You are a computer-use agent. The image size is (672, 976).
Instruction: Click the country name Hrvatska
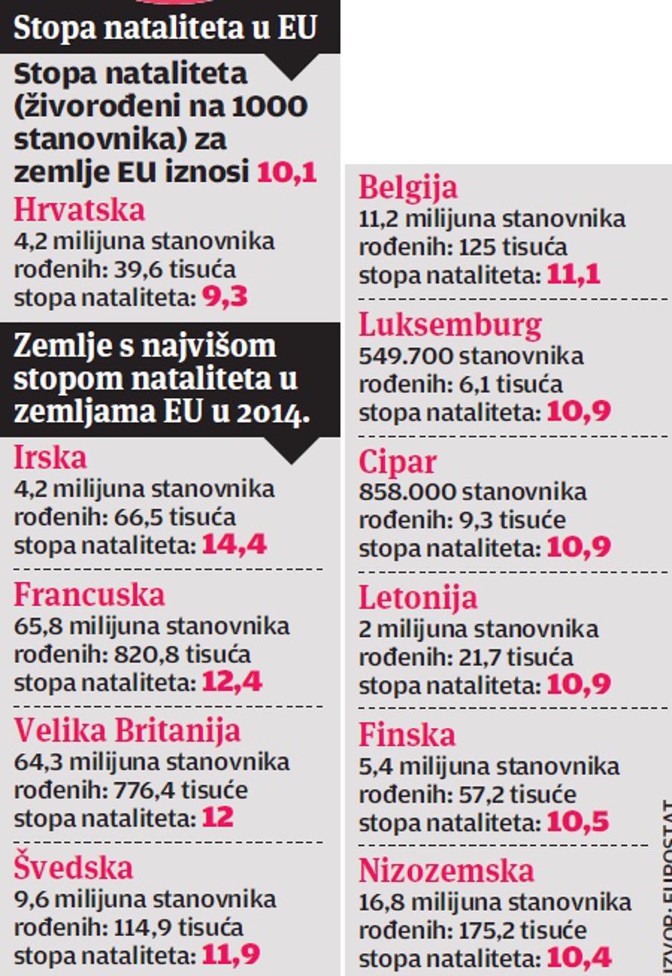[x=79, y=210]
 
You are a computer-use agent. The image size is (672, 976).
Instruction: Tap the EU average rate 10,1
[x=286, y=172]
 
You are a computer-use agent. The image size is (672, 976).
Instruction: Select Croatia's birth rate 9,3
[x=224, y=297]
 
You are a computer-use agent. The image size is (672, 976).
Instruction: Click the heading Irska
[x=50, y=458]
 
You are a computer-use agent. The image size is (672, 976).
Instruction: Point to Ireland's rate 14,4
[x=234, y=545]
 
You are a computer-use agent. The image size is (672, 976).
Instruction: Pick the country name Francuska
[x=89, y=595]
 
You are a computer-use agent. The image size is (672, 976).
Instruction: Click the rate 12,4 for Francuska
[x=232, y=682]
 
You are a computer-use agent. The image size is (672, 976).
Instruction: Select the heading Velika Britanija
[x=128, y=731]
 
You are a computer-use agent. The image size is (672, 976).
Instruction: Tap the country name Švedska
[x=74, y=868]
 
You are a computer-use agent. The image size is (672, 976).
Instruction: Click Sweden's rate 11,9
[x=230, y=955]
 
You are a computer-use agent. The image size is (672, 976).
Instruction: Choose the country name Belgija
[x=407, y=188]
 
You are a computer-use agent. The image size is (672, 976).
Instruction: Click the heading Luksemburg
[x=450, y=325]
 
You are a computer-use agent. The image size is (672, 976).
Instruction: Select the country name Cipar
[x=397, y=462]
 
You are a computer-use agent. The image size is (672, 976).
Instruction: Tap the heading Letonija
[x=417, y=598]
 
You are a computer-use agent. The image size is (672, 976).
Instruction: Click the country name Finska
[x=407, y=735]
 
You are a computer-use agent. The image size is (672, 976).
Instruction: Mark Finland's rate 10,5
[x=578, y=822]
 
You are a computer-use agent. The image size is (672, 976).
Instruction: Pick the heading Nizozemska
[x=446, y=871]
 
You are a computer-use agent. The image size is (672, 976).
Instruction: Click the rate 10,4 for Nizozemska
[x=579, y=957]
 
